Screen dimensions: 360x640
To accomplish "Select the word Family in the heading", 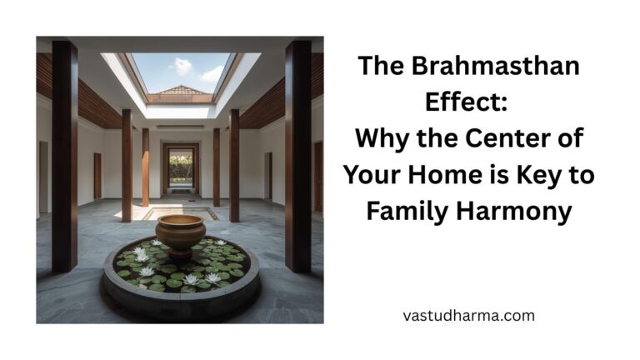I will pos(409,210).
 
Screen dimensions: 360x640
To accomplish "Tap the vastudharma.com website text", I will pos(467,316).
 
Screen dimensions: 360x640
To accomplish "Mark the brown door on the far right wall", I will pos(318,176).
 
